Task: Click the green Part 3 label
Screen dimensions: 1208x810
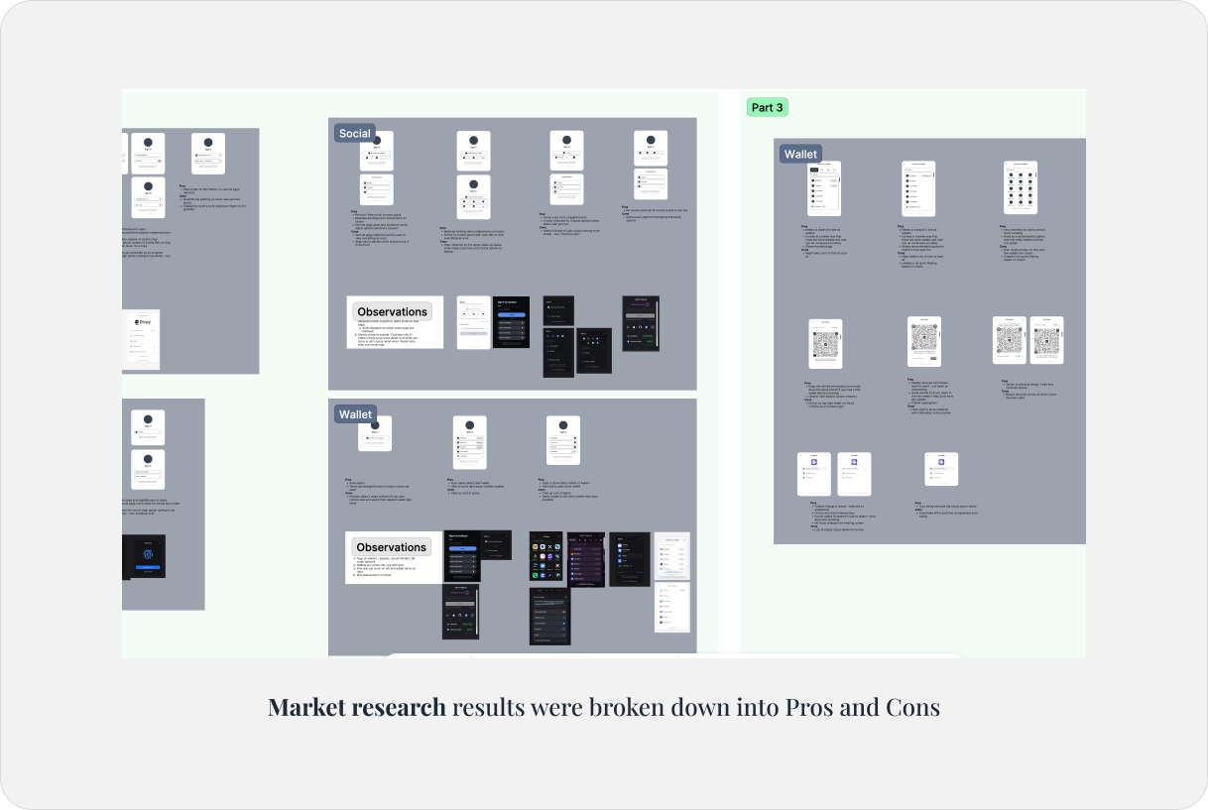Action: pyautogui.click(x=767, y=107)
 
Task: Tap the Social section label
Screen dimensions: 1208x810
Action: pyautogui.click(x=354, y=134)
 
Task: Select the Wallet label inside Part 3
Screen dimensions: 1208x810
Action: pyautogui.click(x=800, y=154)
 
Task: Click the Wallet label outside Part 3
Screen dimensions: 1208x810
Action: pyautogui.click(x=354, y=414)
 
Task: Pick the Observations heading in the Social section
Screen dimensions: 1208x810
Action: pyautogui.click(x=392, y=311)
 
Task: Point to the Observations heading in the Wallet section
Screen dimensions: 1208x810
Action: pyautogui.click(x=391, y=547)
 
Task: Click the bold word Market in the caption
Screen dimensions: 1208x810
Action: pyautogui.click(x=304, y=707)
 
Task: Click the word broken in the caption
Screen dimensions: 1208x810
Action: pyautogui.click(x=623, y=707)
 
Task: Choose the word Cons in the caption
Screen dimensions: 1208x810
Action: pyautogui.click(x=912, y=707)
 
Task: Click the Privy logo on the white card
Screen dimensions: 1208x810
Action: pyautogui.click(x=143, y=321)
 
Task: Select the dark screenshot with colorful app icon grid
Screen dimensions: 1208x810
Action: pyautogui.click(x=546, y=560)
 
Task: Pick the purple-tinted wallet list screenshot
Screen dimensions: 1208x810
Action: pyautogui.click(x=585, y=560)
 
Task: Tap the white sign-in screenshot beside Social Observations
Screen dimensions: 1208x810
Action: pyautogui.click(x=473, y=321)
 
